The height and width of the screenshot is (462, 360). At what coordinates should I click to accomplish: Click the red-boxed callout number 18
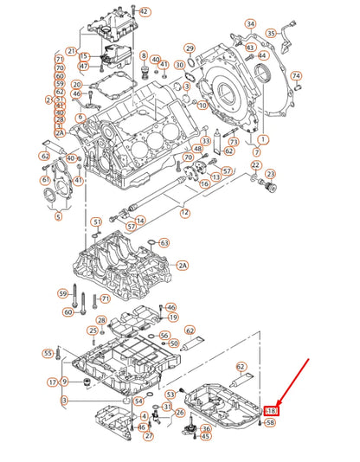pos(271,411)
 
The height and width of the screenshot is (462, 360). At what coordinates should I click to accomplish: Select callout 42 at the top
pos(144,12)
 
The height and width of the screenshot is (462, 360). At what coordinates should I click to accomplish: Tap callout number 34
pos(250,24)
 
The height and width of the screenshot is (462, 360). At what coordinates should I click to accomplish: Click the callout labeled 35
pos(271,33)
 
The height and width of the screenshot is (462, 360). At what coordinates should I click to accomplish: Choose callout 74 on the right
pos(296,75)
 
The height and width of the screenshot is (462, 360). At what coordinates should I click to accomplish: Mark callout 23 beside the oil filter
pos(270,174)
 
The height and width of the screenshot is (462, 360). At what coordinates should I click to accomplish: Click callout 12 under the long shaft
pos(184,212)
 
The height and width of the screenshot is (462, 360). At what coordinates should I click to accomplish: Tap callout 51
pos(97,221)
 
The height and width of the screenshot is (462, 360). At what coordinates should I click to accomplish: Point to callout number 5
pos(58,216)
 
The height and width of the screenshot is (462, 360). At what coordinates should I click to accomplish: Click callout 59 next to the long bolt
pos(62,294)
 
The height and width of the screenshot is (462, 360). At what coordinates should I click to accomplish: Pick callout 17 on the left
pos(53,382)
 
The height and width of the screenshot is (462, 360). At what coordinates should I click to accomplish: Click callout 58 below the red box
pos(271,423)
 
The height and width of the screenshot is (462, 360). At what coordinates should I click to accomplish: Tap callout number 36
pos(206,429)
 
